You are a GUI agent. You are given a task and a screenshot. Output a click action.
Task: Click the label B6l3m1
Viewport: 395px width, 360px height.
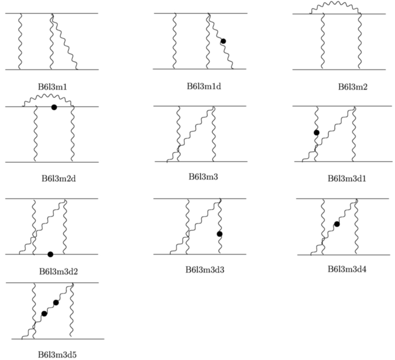(53, 87)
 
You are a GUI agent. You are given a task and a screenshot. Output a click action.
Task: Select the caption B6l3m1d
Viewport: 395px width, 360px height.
(204, 86)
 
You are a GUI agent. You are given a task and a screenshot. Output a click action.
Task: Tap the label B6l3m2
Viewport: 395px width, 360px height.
(353, 87)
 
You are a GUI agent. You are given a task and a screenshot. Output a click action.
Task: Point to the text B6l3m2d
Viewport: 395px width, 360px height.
(58, 179)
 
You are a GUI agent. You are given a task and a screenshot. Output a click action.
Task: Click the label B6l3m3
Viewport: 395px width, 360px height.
(203, 177)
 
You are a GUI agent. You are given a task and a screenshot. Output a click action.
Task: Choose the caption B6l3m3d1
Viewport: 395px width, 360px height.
(347, 179)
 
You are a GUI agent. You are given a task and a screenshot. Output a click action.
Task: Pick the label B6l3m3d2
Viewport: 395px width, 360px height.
(58, 271)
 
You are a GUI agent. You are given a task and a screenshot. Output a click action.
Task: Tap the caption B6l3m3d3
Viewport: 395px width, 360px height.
(205, 270)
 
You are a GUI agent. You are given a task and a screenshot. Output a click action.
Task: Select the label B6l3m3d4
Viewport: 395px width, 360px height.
(347, 269)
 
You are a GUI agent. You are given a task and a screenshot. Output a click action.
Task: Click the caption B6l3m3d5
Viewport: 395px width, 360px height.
(57, 354)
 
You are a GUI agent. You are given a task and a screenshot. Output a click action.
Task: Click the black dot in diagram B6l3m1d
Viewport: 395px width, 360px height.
(223, 41)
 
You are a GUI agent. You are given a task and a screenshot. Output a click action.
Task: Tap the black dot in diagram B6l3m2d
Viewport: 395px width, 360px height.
(54, 108)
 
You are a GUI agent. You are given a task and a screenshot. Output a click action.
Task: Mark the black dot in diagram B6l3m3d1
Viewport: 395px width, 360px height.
(317, 133)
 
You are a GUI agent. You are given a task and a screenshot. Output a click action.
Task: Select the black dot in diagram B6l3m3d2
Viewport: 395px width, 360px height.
(50, 255)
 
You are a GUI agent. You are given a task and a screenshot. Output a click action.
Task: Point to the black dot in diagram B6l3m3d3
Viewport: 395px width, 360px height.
(220, 234)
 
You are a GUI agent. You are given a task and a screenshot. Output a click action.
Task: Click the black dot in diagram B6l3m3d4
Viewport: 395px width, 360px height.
(337, 224)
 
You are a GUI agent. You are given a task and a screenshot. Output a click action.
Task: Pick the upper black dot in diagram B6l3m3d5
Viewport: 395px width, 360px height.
(56, 303)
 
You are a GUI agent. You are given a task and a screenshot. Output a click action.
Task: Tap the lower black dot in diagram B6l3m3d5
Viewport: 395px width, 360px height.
(44, 314)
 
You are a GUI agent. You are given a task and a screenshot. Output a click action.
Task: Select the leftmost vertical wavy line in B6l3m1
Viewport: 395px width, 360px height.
(20, 41)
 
